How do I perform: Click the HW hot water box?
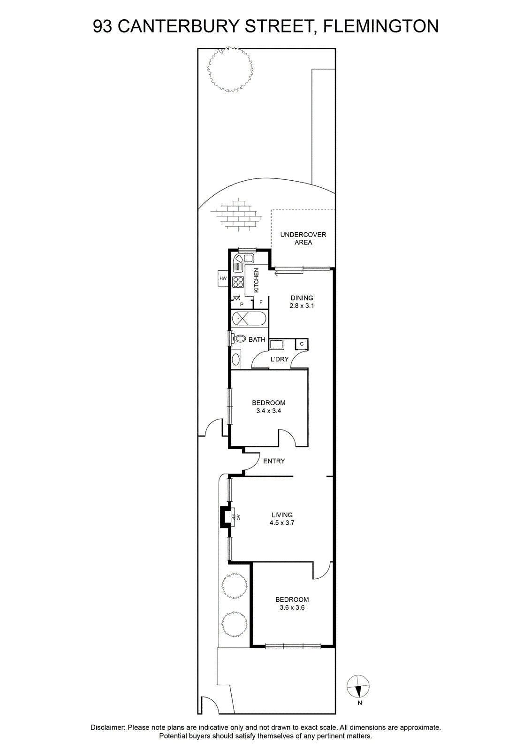click(x=223, y=278)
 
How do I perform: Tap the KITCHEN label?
click(x=256, y=280)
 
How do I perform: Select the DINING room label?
click(x=302, y=298)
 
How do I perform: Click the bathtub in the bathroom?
click(x=250, y=319)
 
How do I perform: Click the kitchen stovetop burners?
click(x=238, y=282)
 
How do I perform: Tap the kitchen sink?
click(x=243, y=259)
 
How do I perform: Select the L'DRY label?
click(x=280, y=359)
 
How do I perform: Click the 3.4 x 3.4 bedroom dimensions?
click(x=269, y=411)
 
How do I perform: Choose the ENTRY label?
click(x=274, y=461)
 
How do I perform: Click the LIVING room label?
click(x=282, y=514)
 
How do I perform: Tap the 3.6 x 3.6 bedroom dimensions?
click(x=292, y=607)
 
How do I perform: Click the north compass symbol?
click(x=358, y=686)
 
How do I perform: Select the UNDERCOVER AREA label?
click(x=303, y=238)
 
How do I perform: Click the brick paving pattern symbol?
click(x=236, y=214)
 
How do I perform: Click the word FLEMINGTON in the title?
click(x=380, y=26)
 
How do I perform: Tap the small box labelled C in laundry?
click(x=302, y=344)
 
